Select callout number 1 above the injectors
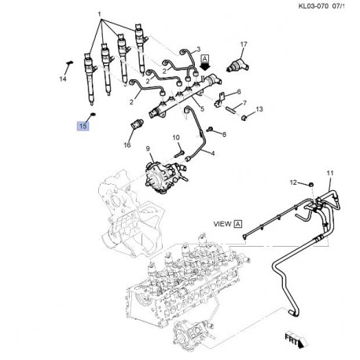click(x=98, y=15)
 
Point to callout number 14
click(x=64, y=79)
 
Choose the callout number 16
click(x=127, y=144)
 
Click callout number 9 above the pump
click(x=146, y=148)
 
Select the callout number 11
click(x=330, y=172)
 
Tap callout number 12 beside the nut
click(x=293, y=182)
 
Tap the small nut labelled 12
click(x=310, y=185)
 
